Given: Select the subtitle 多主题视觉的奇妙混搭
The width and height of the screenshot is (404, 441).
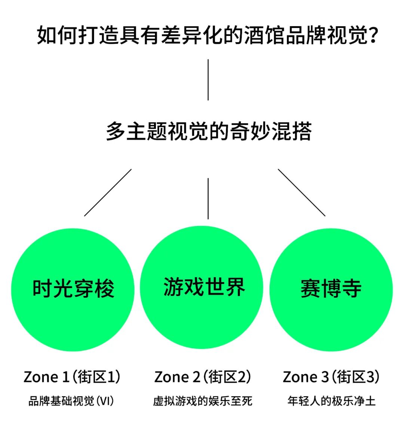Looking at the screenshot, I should [x=208, y=132].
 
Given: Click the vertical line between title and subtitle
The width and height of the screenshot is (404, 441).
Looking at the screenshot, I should [x=208, y=80].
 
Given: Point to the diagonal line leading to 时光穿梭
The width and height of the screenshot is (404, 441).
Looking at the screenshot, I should [x=108, y=192].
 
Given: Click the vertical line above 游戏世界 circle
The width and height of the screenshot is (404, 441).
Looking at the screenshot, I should [x=208, y=198].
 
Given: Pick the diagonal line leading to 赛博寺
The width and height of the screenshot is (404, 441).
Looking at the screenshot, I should [x=302, y=192].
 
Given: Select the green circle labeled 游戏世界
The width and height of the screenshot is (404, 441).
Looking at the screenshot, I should [x=202, y=287].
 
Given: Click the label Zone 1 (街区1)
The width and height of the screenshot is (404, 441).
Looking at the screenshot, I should [x=72, y=377].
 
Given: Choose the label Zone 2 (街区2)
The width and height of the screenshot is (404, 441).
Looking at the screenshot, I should [x=202, y=377].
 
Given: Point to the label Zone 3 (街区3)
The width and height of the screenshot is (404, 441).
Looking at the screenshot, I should [x=331, y=377].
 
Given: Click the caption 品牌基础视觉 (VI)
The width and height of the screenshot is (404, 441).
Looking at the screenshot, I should [x=71, y=401].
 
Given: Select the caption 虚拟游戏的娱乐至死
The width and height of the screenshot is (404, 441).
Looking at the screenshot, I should [x=202, y=401].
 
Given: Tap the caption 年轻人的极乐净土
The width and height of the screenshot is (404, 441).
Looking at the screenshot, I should [x=331, y=401].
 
